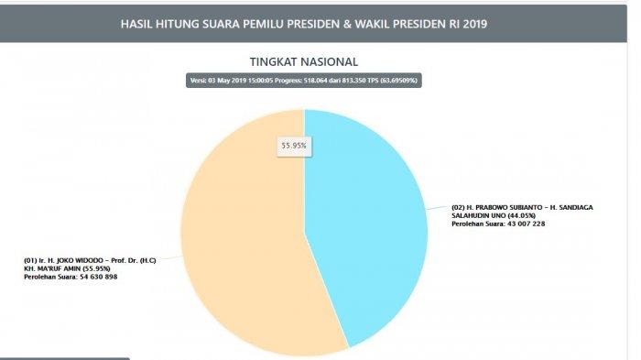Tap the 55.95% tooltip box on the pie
(292, 145)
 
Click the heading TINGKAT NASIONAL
(303, 61)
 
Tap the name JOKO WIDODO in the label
(83, 259)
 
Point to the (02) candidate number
(462, 207)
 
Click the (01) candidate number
(32, 259)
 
